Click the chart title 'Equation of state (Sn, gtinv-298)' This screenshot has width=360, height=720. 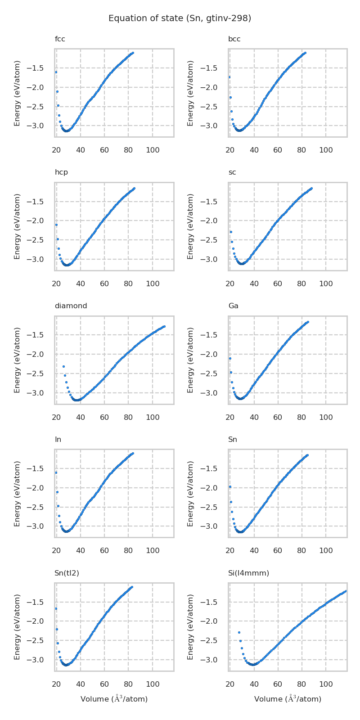click(x=180, y=18)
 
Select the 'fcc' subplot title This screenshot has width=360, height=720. click(x=60, y=39)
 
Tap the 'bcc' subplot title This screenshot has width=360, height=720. click(x=234, y=39)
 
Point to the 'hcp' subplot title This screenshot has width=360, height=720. click(x=61, y=172)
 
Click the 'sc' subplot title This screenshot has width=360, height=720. click(x=232, y=172)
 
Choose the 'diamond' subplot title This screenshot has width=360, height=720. click(x=71, y=306)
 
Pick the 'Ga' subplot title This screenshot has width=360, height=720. click(x=233, y=306)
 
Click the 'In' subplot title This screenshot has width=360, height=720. click(x=58, y=439)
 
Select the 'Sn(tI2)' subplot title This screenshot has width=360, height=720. click(x=67, y=573)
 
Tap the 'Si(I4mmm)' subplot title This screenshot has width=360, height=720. click(x=248, y=573)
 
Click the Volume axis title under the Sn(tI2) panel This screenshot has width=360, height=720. click(x=114, y=699)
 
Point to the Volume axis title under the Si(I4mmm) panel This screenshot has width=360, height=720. click(x=288, y=699)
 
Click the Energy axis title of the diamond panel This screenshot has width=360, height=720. click(x=18, y=360)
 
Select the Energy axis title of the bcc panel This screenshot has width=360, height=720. click(x=191, y=93)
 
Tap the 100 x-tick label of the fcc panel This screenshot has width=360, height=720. click(x=153, y=150)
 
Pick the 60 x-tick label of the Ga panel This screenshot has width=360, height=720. click(x=278, y=417)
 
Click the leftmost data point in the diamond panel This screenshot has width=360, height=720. click(x=63, y=366)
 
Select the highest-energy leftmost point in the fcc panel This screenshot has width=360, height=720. click(x=56, y=72)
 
